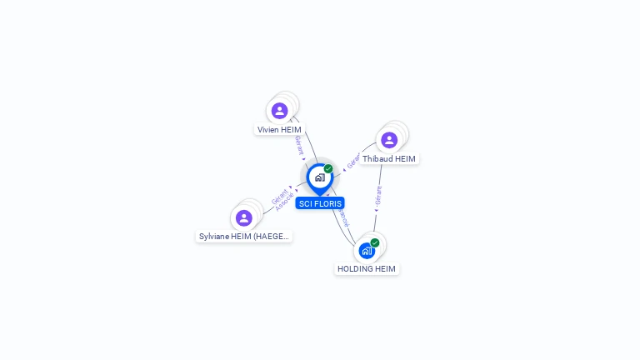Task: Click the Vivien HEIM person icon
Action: point(279,111)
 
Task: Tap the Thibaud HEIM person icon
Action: point(389,140)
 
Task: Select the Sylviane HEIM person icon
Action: point(243,218)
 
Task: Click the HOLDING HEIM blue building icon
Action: point(367,250)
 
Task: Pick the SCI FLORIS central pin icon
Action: point(319,177)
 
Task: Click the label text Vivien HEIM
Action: point(279,130)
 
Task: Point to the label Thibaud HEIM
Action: point(389,159)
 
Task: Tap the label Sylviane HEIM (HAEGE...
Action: point(244,237)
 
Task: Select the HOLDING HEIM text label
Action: point(367,269)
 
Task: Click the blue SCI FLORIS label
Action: point(320,203)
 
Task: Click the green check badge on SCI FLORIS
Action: point(328,169)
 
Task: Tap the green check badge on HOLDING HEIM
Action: point(375,242)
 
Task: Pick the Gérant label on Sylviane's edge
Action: point(280,197)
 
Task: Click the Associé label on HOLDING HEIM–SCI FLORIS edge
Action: point(342,217)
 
